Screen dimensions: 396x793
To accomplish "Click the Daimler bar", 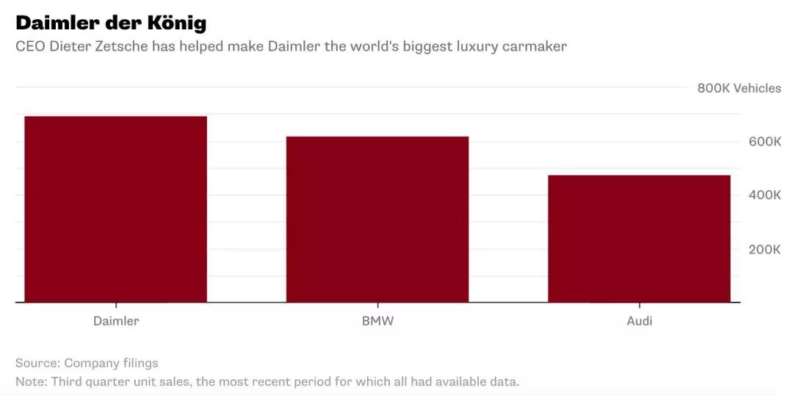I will pos(115,209).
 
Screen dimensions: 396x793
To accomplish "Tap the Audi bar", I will pos(639,239).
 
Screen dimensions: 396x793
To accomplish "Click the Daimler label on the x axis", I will pos(116,321).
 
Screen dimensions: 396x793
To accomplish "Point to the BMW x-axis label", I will pos(377,321).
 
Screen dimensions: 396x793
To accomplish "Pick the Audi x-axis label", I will pos(639,321).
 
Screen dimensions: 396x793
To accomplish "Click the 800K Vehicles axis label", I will pos(739,88).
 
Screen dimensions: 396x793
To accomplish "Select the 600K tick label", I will pos(764,141).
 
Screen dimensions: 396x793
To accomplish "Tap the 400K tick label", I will pos(764,195).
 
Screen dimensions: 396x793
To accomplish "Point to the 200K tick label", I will pos(764,249).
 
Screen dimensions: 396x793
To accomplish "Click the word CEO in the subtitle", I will pos(29,46).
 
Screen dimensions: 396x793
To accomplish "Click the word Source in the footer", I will pos(37,363).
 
